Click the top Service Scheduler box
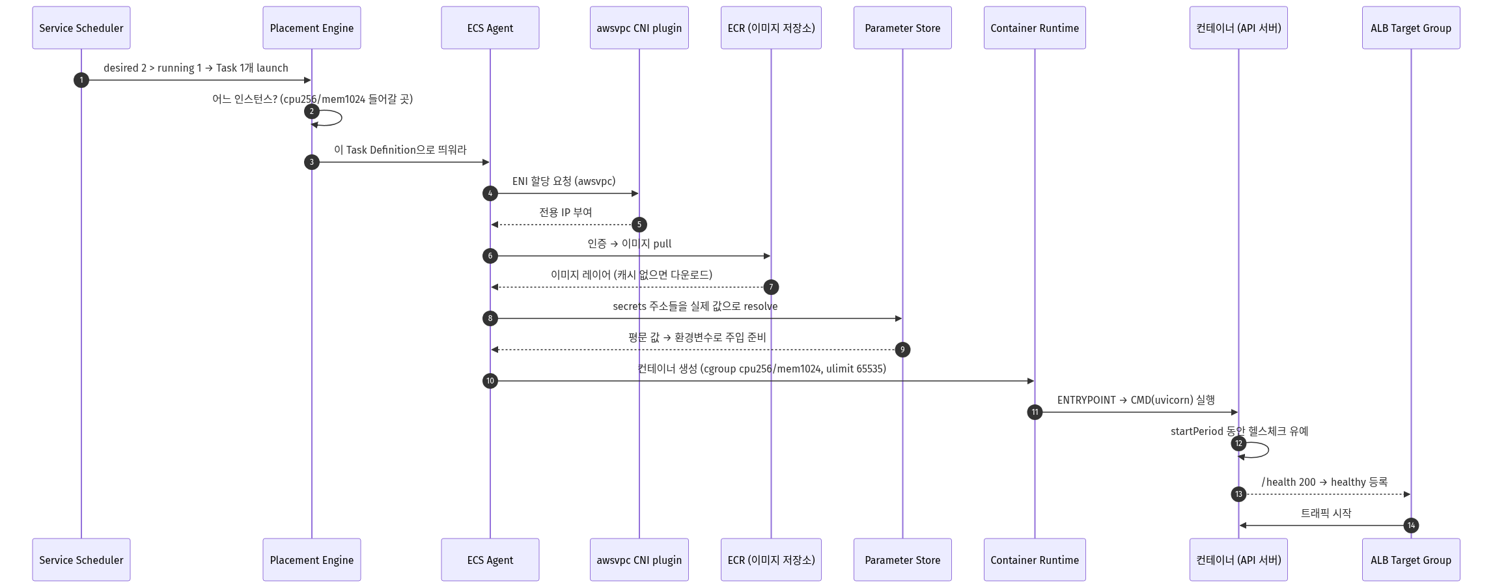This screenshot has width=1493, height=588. [x=81, y=28]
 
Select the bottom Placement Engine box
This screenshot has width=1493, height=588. [x=312, y=559]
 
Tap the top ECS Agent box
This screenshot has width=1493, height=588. [x=490, y=28]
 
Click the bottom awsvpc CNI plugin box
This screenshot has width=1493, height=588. [x=639, y=559]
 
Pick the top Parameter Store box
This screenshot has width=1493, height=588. [x=902, y=28]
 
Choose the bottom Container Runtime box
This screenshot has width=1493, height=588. [x=1035, y=559]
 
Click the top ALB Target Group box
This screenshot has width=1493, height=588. [x=1411, y=28]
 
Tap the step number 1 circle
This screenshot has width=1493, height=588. [x=81, y=80]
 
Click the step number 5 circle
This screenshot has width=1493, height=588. [x=639, y=225]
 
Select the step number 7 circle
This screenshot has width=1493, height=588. [x=771, y=287]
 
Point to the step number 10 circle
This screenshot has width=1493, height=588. [x=490, y=381]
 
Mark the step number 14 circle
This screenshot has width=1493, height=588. [x=1411, y=525]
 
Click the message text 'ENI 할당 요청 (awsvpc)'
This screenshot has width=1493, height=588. [x=564, y=181]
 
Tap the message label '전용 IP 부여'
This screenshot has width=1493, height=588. [x=565, y=212]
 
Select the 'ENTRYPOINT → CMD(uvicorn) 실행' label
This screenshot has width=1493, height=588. [x=1136, y=400]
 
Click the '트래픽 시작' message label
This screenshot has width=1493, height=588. [x=1326, y=513]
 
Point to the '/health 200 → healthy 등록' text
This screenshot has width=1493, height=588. [x=1324, y=482]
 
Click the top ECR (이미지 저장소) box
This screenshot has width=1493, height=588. [x=771, y=28]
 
